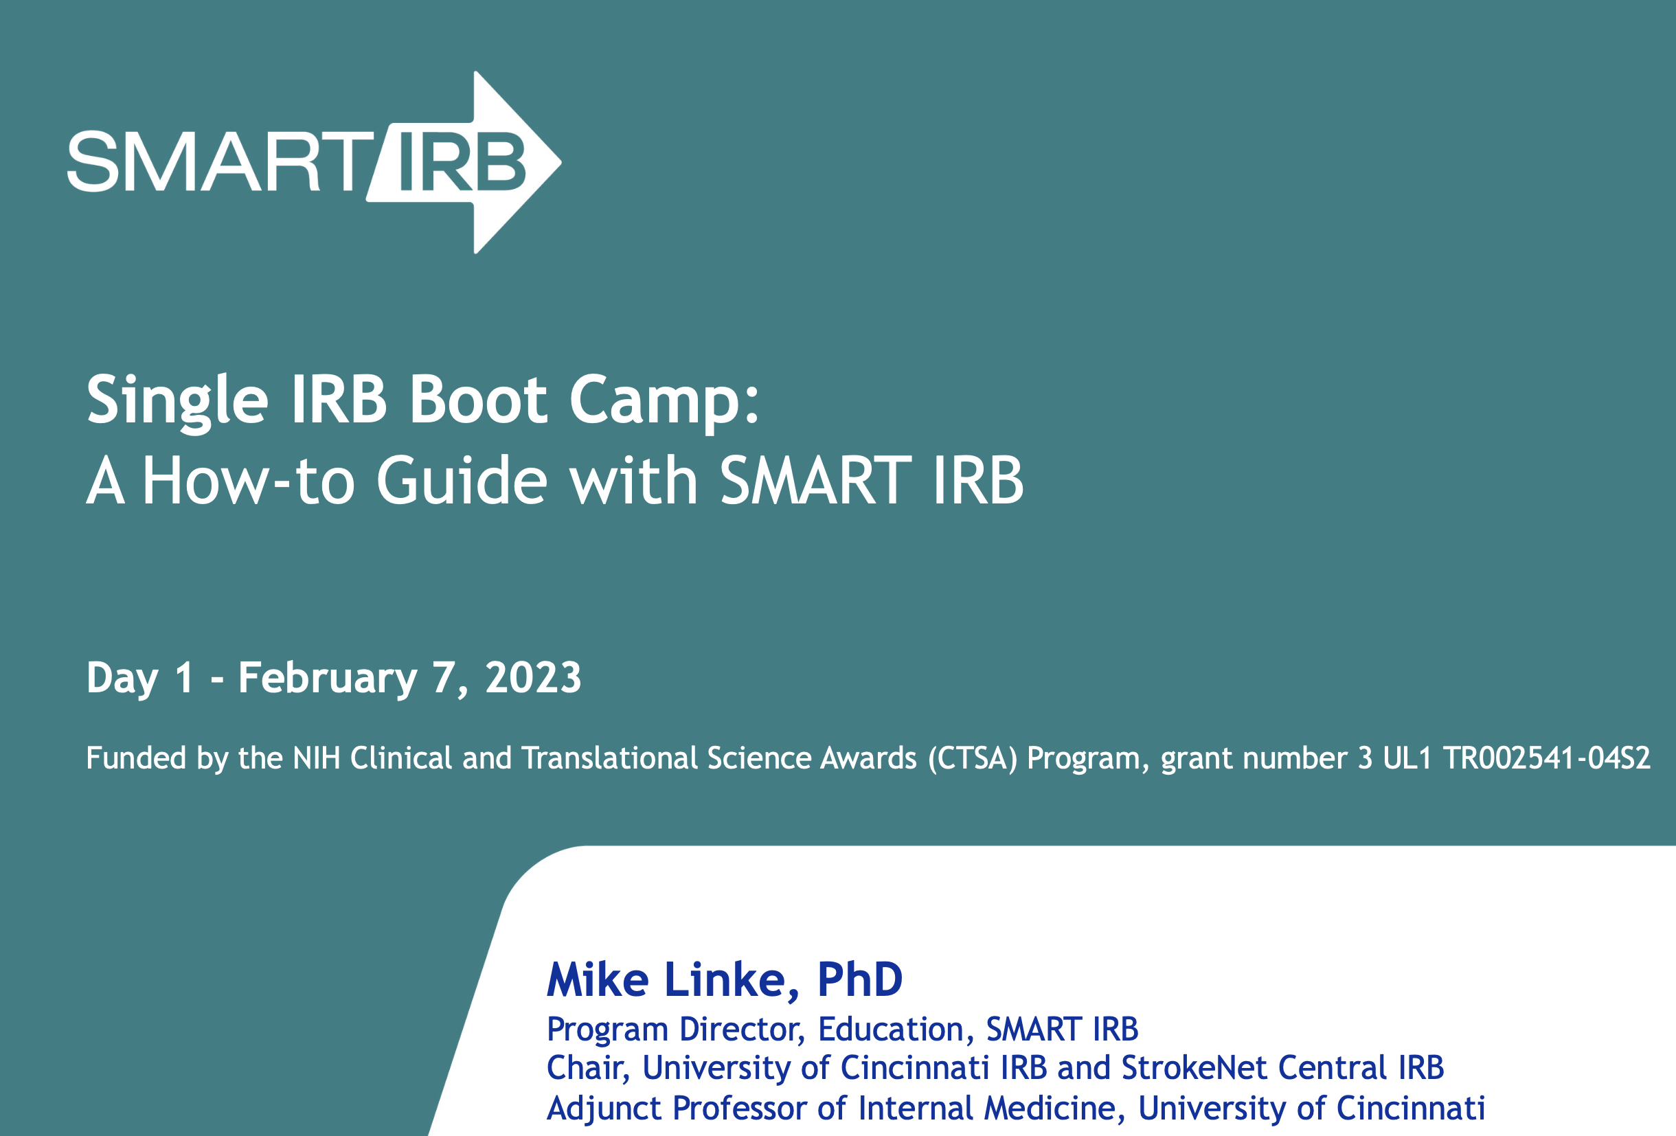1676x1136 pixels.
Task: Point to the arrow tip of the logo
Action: (560, 162)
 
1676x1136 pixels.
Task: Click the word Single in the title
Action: (177, 401)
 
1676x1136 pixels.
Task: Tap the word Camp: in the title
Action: (664, 401)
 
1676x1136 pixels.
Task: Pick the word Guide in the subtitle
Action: (462, 480)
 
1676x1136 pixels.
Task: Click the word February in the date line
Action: (328, 679)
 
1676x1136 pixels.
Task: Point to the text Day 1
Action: (140, 679)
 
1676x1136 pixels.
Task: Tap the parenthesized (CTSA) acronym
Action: (973, 759)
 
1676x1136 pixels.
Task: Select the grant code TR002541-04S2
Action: (1546, 758)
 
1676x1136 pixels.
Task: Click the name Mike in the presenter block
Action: (598, 979)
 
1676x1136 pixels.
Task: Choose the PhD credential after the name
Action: (859, 979)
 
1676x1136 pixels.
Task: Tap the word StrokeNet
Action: (1194, 1068)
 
